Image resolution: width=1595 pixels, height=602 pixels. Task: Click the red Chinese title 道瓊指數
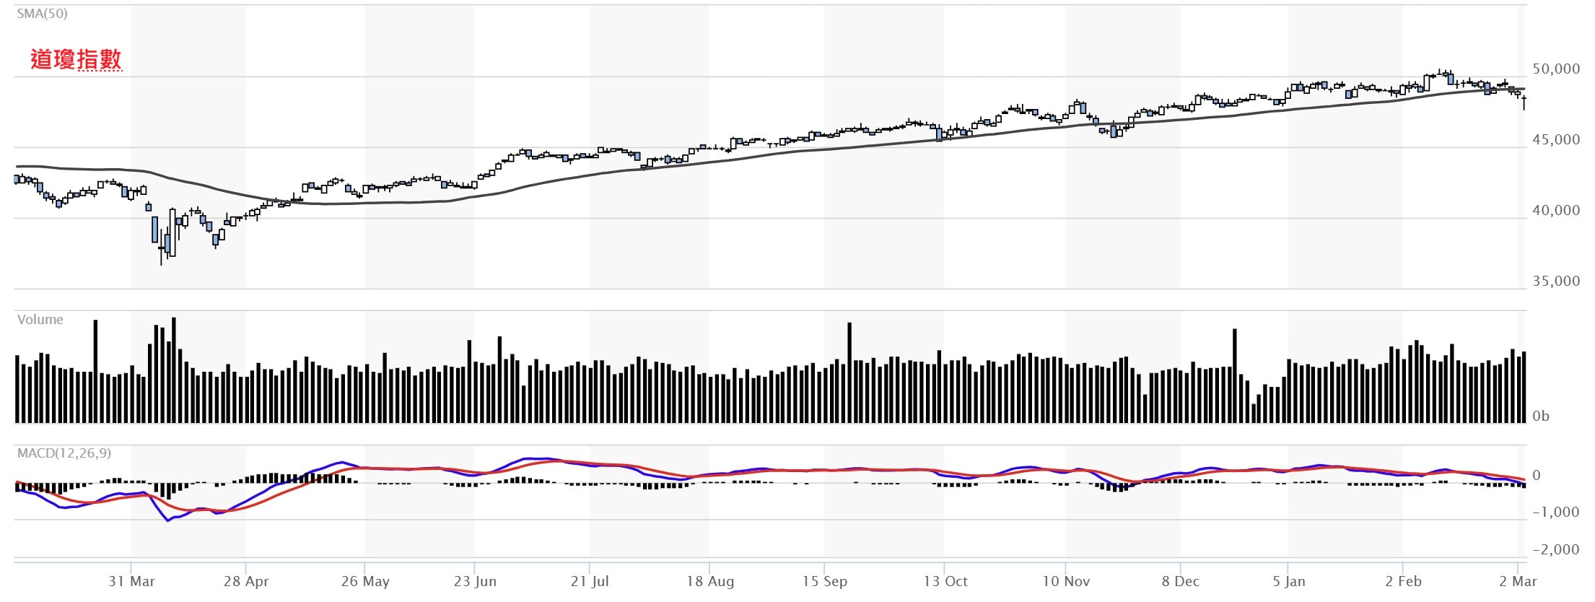[76, 59]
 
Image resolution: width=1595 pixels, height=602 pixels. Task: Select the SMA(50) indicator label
[43, 14]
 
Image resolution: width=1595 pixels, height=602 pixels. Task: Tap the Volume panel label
[40, 320]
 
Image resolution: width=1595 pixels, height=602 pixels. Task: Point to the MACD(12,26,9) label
[64, 453]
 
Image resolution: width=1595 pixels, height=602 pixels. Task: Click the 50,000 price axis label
[1556, 69]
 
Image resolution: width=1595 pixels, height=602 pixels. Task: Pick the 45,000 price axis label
[1556, 140]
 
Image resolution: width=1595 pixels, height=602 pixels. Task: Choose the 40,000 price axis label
[1556, 211]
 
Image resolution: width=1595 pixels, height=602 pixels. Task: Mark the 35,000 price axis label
[1556, 282]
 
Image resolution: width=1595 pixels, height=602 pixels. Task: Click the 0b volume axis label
[1541, 416]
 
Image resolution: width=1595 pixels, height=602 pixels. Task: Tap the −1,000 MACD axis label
[1555, 512]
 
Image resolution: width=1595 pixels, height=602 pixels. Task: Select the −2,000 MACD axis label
[1555, 550]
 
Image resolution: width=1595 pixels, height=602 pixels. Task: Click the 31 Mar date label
[131, 582]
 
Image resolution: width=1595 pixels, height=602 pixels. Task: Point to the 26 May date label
[365, 582]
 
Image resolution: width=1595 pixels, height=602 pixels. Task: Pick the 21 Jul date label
[590, 582]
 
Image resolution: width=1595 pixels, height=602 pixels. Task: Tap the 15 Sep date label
[825, 582]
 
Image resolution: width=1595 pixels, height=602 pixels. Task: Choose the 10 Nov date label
[1066, 582]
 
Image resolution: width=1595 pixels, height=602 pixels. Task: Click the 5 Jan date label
[1288, 582]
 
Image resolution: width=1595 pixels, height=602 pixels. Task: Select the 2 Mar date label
[1518, 582]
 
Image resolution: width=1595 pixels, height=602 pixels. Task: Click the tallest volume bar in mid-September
[849, 372]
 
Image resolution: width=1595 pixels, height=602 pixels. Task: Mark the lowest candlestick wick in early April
[161, 260]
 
